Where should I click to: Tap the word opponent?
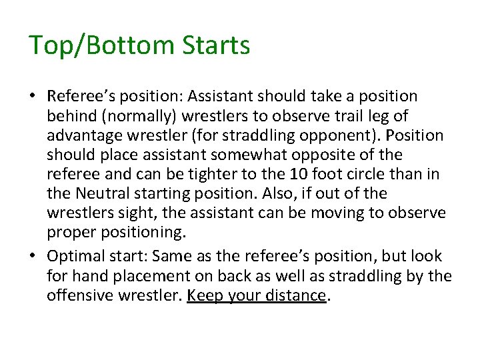click(x=336, y=136)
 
